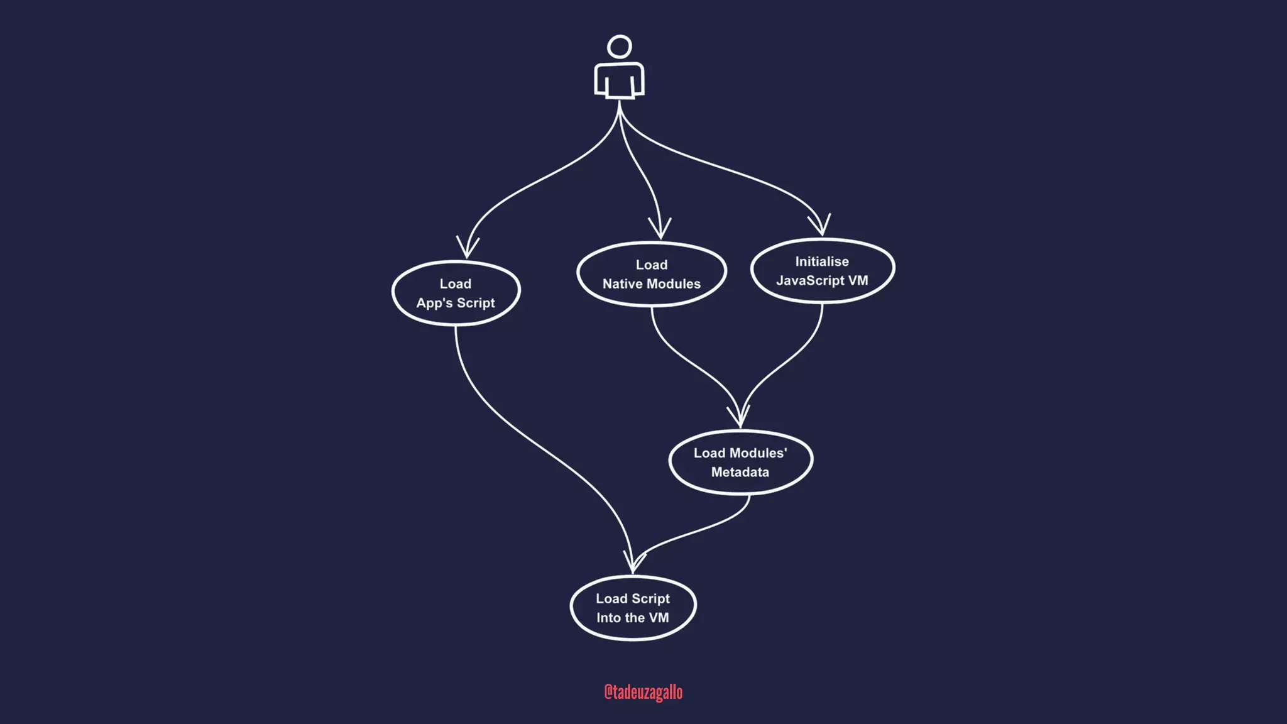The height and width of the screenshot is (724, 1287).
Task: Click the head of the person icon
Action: [x=620, y=47]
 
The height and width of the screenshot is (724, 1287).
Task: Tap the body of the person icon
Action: [x=620, y=80]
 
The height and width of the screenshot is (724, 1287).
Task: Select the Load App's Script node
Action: [x=456, y=293]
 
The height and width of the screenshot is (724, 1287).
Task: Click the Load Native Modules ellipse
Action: [x=652, y=274]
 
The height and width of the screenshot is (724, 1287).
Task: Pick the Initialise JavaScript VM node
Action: [x=822, y=271]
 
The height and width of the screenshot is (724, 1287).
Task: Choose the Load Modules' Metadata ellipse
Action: [x=740, y=462]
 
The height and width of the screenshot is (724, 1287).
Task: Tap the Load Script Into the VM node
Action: [x=633, y=608]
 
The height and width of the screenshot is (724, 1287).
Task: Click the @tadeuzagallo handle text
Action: [x=643, y=692]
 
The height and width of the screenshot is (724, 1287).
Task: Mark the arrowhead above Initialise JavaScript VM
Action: [x=820, y=225]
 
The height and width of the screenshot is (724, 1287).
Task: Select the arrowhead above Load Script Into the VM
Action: [x=633, y=561]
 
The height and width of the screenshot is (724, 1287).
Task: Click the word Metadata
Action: [x=740, y=472]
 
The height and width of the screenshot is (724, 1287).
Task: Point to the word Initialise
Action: [x=822, y=261]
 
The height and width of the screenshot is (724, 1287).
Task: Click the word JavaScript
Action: [x=810, y=281]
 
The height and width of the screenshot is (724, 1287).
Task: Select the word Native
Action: [x=623, y=284]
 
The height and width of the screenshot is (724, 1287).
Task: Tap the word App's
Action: [x=434, y=303]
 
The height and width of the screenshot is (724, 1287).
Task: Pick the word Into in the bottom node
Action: [x=608, y=618]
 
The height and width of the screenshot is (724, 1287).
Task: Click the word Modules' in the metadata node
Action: [x=759, y=453]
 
